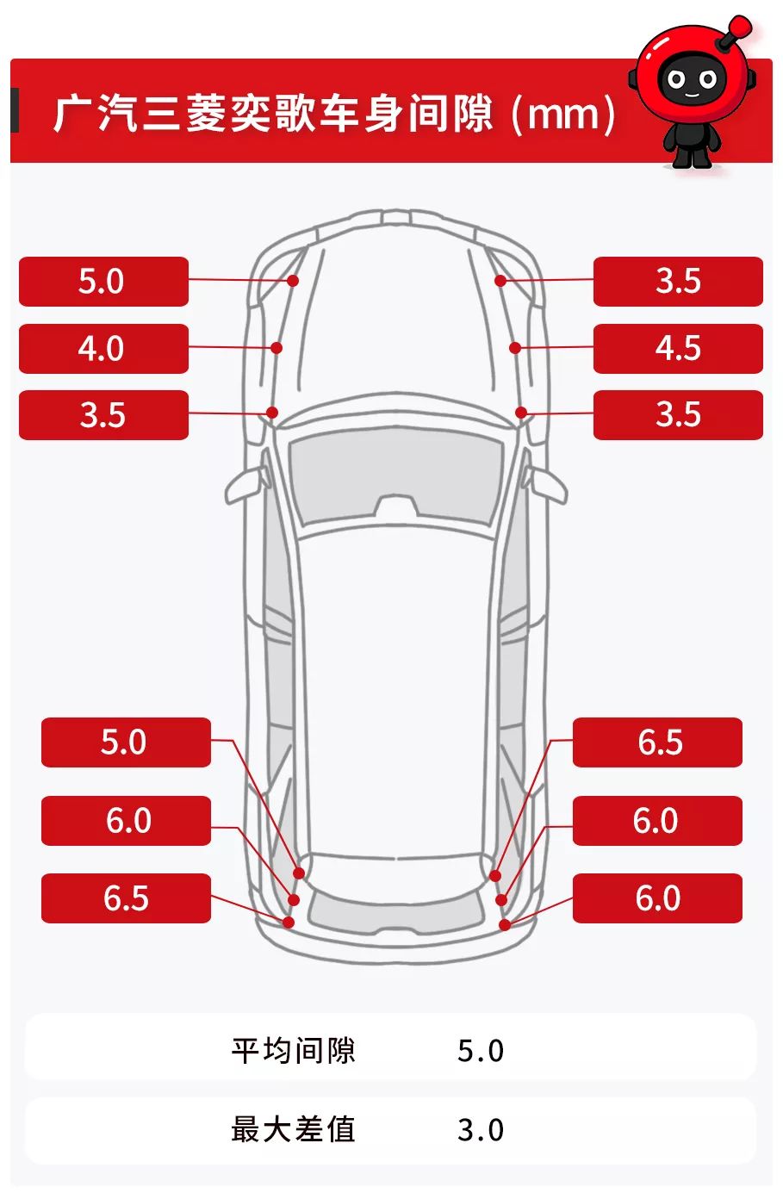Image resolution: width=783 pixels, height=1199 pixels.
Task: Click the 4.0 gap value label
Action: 103,349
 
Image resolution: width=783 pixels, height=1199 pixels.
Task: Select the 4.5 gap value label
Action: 678,349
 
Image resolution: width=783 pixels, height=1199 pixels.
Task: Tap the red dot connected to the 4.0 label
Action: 277,348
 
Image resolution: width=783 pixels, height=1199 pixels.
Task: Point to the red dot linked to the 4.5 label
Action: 515,348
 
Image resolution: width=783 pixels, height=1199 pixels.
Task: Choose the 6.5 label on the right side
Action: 657,742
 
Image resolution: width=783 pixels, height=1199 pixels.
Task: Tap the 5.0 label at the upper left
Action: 103,282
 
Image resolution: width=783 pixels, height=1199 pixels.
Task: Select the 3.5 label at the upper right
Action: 678,282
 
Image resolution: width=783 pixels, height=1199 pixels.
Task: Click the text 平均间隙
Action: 293,1050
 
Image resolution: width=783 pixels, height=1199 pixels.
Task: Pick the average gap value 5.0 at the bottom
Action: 480,1051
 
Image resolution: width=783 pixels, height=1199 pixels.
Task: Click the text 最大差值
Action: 293,1129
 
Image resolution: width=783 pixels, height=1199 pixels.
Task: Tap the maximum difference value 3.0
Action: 480,1130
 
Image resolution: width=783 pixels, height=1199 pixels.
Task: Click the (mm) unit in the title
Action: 563,114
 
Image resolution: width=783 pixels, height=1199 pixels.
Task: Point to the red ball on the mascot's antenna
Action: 741,26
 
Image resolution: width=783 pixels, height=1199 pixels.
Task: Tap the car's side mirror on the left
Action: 246,485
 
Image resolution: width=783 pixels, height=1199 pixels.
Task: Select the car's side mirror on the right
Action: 545,485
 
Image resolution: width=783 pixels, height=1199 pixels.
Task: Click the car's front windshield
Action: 396,476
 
